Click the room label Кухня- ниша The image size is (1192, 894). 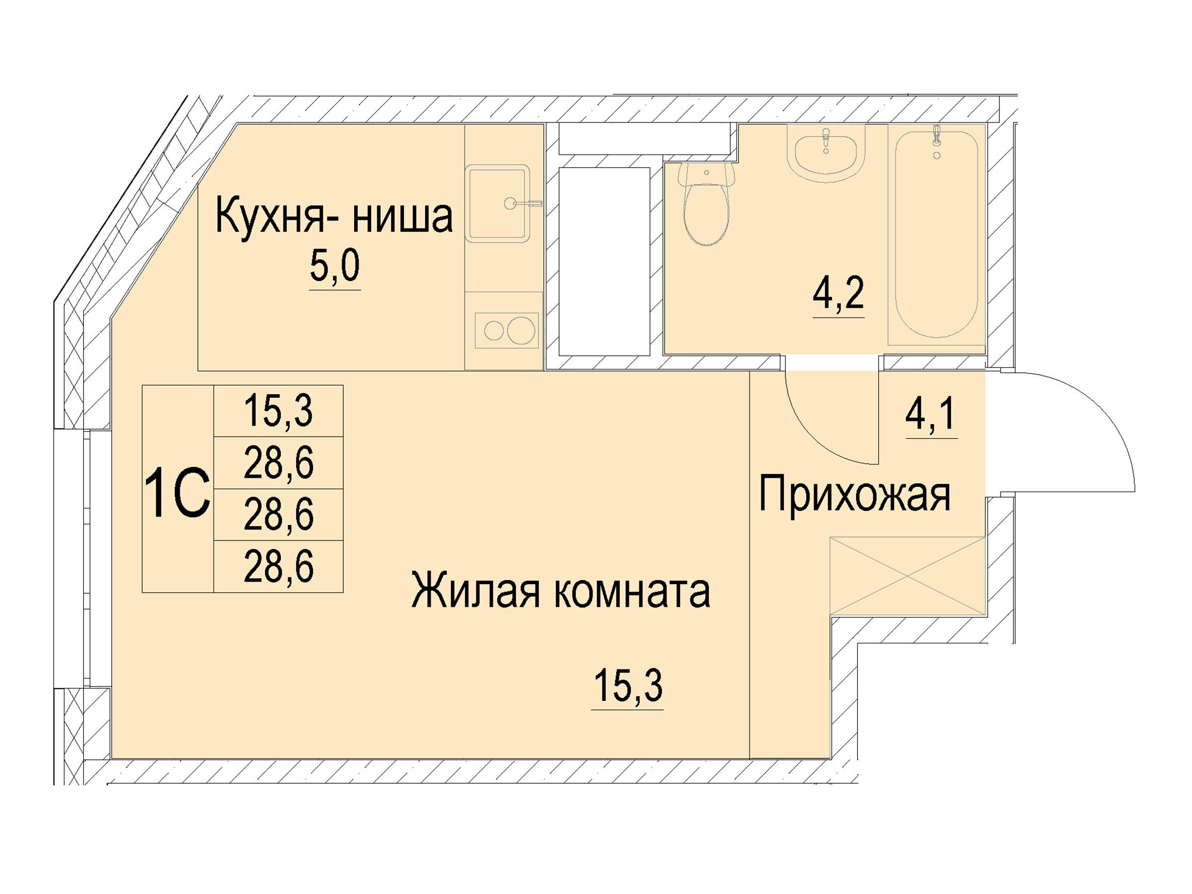pos(334,217)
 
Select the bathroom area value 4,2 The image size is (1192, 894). pos(838,293)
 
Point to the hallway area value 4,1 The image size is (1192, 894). pos(931,414)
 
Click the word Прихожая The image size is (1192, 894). pos(855,496)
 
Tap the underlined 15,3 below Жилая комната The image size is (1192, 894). pos(628,686)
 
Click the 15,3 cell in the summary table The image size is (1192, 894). pos(278,411)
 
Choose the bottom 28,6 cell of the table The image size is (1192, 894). pos(278,566)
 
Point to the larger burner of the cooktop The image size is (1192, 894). pos(521,330)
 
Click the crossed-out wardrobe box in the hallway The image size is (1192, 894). pos(908,576)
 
